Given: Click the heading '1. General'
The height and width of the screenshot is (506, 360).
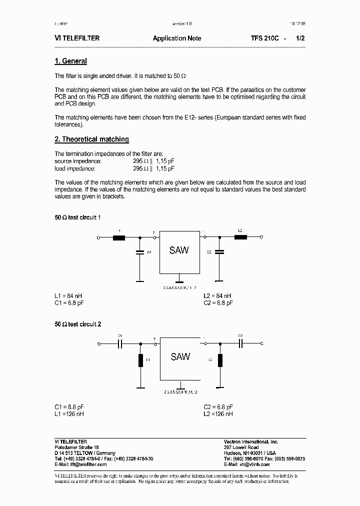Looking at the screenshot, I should tap(70, 61).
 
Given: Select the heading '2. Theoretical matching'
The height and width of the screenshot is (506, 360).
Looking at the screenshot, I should tap(91, 139).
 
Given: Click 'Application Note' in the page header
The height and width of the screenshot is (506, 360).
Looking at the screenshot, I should tap(177, 38).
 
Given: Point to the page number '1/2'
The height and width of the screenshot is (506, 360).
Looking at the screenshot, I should tap(300, 38).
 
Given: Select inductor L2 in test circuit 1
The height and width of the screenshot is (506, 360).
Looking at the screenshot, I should tap(240, 237).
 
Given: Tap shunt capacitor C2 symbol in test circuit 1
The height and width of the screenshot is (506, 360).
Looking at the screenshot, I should tap(218, 252).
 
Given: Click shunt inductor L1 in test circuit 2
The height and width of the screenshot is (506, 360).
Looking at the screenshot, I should tap(140, 360).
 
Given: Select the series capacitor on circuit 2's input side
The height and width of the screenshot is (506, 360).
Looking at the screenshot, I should tap(120, 343).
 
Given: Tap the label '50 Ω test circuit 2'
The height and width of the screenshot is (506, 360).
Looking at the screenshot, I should tap(77, 324).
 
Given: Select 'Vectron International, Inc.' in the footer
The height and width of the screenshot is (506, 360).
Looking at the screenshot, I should tap(250, 442).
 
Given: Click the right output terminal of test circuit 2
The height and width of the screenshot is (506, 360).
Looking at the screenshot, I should tap(261, 343).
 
